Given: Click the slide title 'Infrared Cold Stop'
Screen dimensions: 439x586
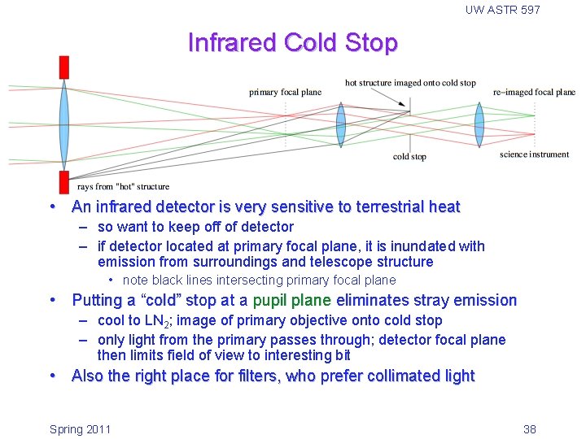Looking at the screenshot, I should [x=292, y=42].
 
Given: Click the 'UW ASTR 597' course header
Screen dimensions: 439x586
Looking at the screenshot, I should [x=502, y=10].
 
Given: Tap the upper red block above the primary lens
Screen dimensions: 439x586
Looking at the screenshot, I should [x=64, y=67].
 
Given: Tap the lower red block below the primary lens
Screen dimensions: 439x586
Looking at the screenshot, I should [x=64, y=181].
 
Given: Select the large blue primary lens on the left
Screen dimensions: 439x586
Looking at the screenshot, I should [x=64, y=124].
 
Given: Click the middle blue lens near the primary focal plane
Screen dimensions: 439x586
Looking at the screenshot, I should [x=341, y=124].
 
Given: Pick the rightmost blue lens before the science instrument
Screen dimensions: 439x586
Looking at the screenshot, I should [x=479, y=124].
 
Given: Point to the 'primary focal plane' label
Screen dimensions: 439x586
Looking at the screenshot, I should [x=285, y=93].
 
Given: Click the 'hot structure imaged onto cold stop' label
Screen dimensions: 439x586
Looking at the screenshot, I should [x=410, y=83].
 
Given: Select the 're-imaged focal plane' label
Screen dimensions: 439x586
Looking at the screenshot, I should [x=534, y=93].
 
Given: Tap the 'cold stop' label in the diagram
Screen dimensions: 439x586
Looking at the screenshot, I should [x=409, y=157].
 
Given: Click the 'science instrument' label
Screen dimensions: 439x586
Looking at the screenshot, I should [x=534, y=154].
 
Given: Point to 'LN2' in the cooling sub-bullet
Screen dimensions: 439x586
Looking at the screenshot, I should [x=152, y=321].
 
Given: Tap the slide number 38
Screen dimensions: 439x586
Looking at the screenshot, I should [x=530, y=429].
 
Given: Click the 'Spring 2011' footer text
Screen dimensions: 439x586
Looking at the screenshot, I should [x=80, y=429].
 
